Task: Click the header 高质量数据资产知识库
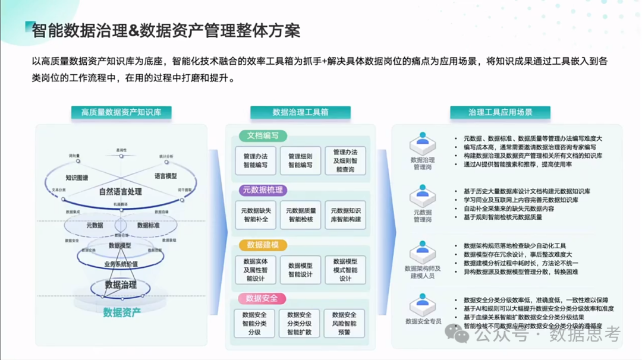(x=121, y=112)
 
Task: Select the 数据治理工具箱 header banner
(x=300, y=112)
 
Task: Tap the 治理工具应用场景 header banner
(x=500, y=112)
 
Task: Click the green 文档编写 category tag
(x=263, y=135)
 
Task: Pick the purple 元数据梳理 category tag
(x=262, y=190)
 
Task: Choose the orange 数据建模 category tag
(x=262, y=245)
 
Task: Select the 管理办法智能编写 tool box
(x=255, y=161)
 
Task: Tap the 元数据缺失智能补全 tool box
(x=255, y=215)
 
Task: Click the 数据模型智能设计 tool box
(x=300, y=270)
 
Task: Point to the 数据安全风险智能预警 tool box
(x=345, y=324)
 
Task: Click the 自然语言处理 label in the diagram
(x=120, y=192)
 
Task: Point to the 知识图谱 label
(x=77, y=178)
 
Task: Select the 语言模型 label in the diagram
(x=165, y=176)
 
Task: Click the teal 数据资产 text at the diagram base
(x=122, y=312)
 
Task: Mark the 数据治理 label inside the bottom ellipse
(x=121, y=285)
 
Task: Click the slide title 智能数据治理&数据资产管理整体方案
(x=166, y=30)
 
